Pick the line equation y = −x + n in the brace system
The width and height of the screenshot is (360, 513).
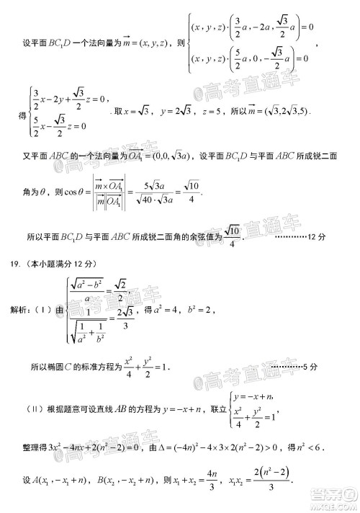tap(256, 395)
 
